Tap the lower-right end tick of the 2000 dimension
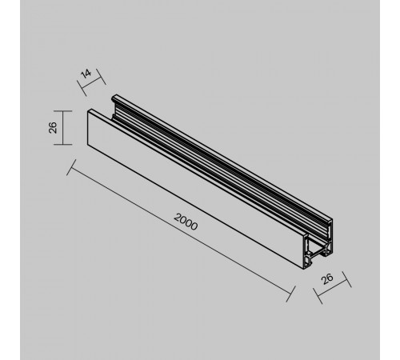(x=290, y=292)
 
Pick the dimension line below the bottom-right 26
(x=331, y=289)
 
